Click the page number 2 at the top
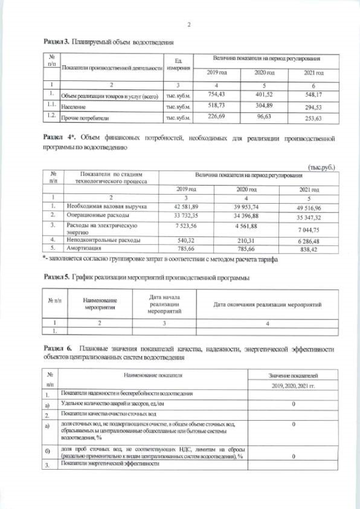click(189, 24)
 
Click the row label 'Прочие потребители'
click(85, 119)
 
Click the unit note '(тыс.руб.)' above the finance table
click(323, 166)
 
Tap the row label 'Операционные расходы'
click(98, 215)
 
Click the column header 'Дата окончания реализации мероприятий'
click(267, 304)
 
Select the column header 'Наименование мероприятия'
click(100, 304)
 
